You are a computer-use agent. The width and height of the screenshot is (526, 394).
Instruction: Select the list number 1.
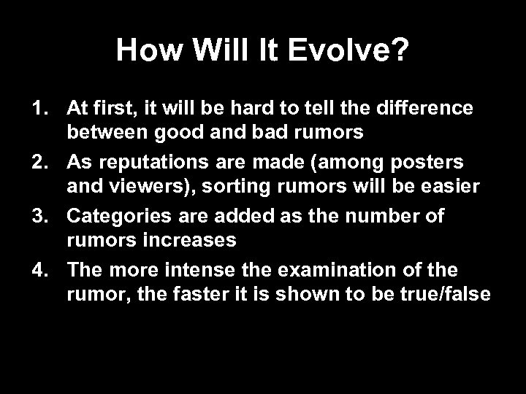click(38, 109)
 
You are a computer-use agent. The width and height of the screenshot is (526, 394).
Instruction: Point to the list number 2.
click(38, 160)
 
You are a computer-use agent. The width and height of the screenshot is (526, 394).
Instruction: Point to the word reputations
click(147, 160)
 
